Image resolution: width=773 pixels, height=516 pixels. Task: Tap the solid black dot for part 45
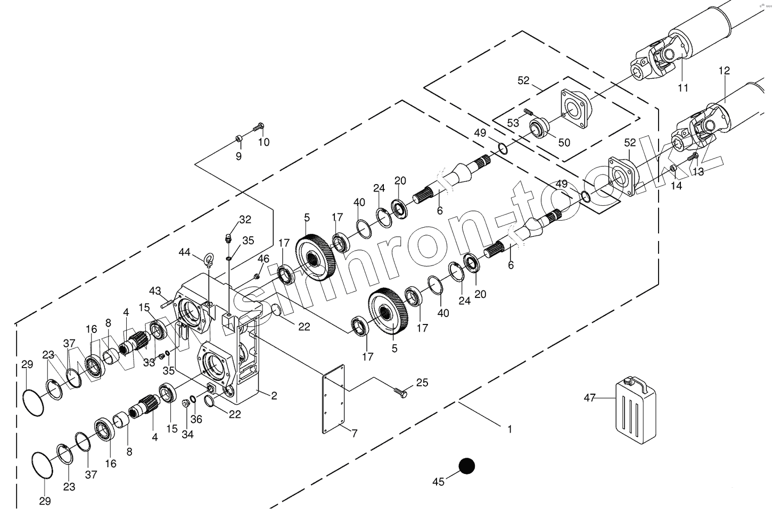click(467, 466)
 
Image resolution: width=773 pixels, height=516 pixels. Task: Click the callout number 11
click(683, 88)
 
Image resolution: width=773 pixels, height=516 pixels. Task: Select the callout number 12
click(724, 70)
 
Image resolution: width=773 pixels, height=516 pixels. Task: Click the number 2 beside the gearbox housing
click(274, 395)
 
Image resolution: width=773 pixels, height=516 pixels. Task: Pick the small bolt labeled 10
click(259, 128)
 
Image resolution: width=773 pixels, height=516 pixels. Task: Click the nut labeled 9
click(239, 140)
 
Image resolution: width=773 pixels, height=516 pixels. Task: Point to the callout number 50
click(564, 143)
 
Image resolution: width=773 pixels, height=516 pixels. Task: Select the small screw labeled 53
click(528, 112)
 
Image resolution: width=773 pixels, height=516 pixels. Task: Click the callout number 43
click(155, 291)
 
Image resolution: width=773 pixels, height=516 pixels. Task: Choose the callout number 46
click(264, 259)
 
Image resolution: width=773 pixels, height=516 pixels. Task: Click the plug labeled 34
click(186, 402)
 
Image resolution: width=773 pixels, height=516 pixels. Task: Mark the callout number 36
click(196, 419)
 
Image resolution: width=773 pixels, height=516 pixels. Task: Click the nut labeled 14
click(673, 169)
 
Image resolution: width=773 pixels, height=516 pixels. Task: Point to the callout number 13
click(698, 171)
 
